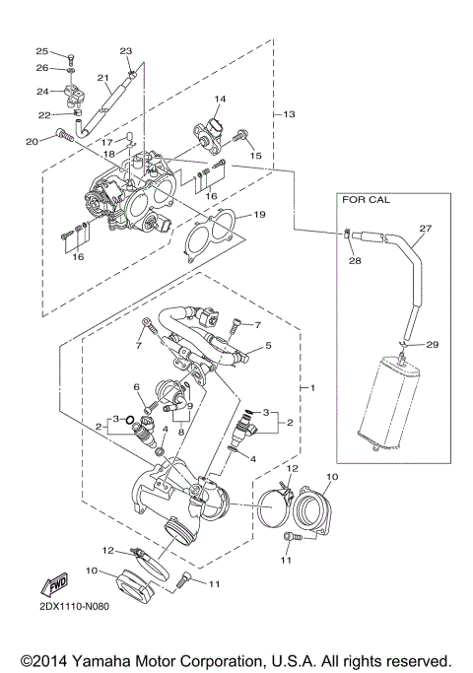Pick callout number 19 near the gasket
[x=258, y=214]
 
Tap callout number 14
[x=220, y=99]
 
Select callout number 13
[x=289, y=115]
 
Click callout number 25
[x=42, y=51]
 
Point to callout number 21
[x=102, y=77]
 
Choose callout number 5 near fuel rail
[x=268, y=348]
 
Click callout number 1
[x=314, y=387]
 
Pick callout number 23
[x=125, y=50]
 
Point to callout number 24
[x=42, y=92]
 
